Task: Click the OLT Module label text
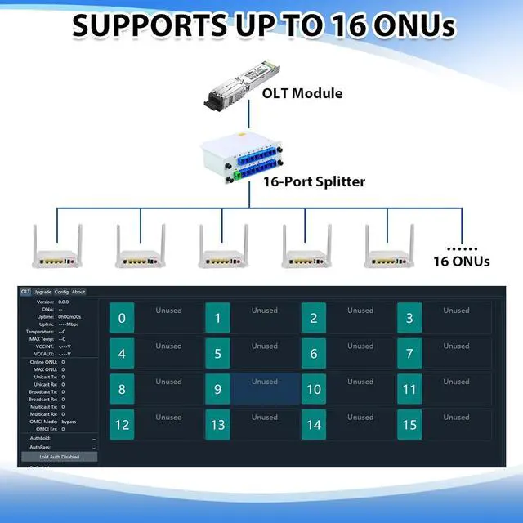click(302, 93)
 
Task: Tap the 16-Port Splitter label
click(314, 181)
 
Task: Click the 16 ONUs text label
click(462, 261)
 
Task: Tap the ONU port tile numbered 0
click(122, 318)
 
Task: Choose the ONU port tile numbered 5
click(217, 354)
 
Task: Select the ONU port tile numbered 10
click(314, 389)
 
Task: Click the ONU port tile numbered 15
click(409, 425)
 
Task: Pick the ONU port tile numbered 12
click(122, 425)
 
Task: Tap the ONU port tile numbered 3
click(409, 318)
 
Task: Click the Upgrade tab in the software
click(42, 292)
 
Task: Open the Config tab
click(61, 292)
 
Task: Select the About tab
click(78, 292)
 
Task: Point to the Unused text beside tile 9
click(265, 382)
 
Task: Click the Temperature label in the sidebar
click(39, 332)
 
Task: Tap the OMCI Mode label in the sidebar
click(41, 422)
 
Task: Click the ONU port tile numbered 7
click(409, 354)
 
